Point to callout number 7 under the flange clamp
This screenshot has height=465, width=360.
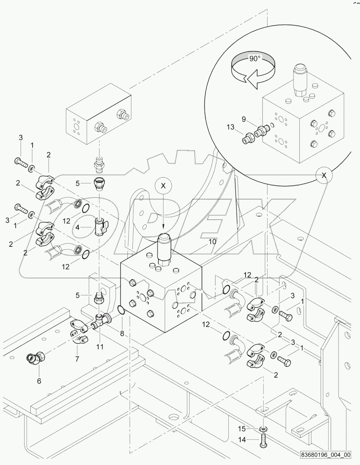point(77,359)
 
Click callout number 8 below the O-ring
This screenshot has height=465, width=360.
point(122,334)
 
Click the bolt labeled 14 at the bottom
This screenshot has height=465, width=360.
point(264,440)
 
